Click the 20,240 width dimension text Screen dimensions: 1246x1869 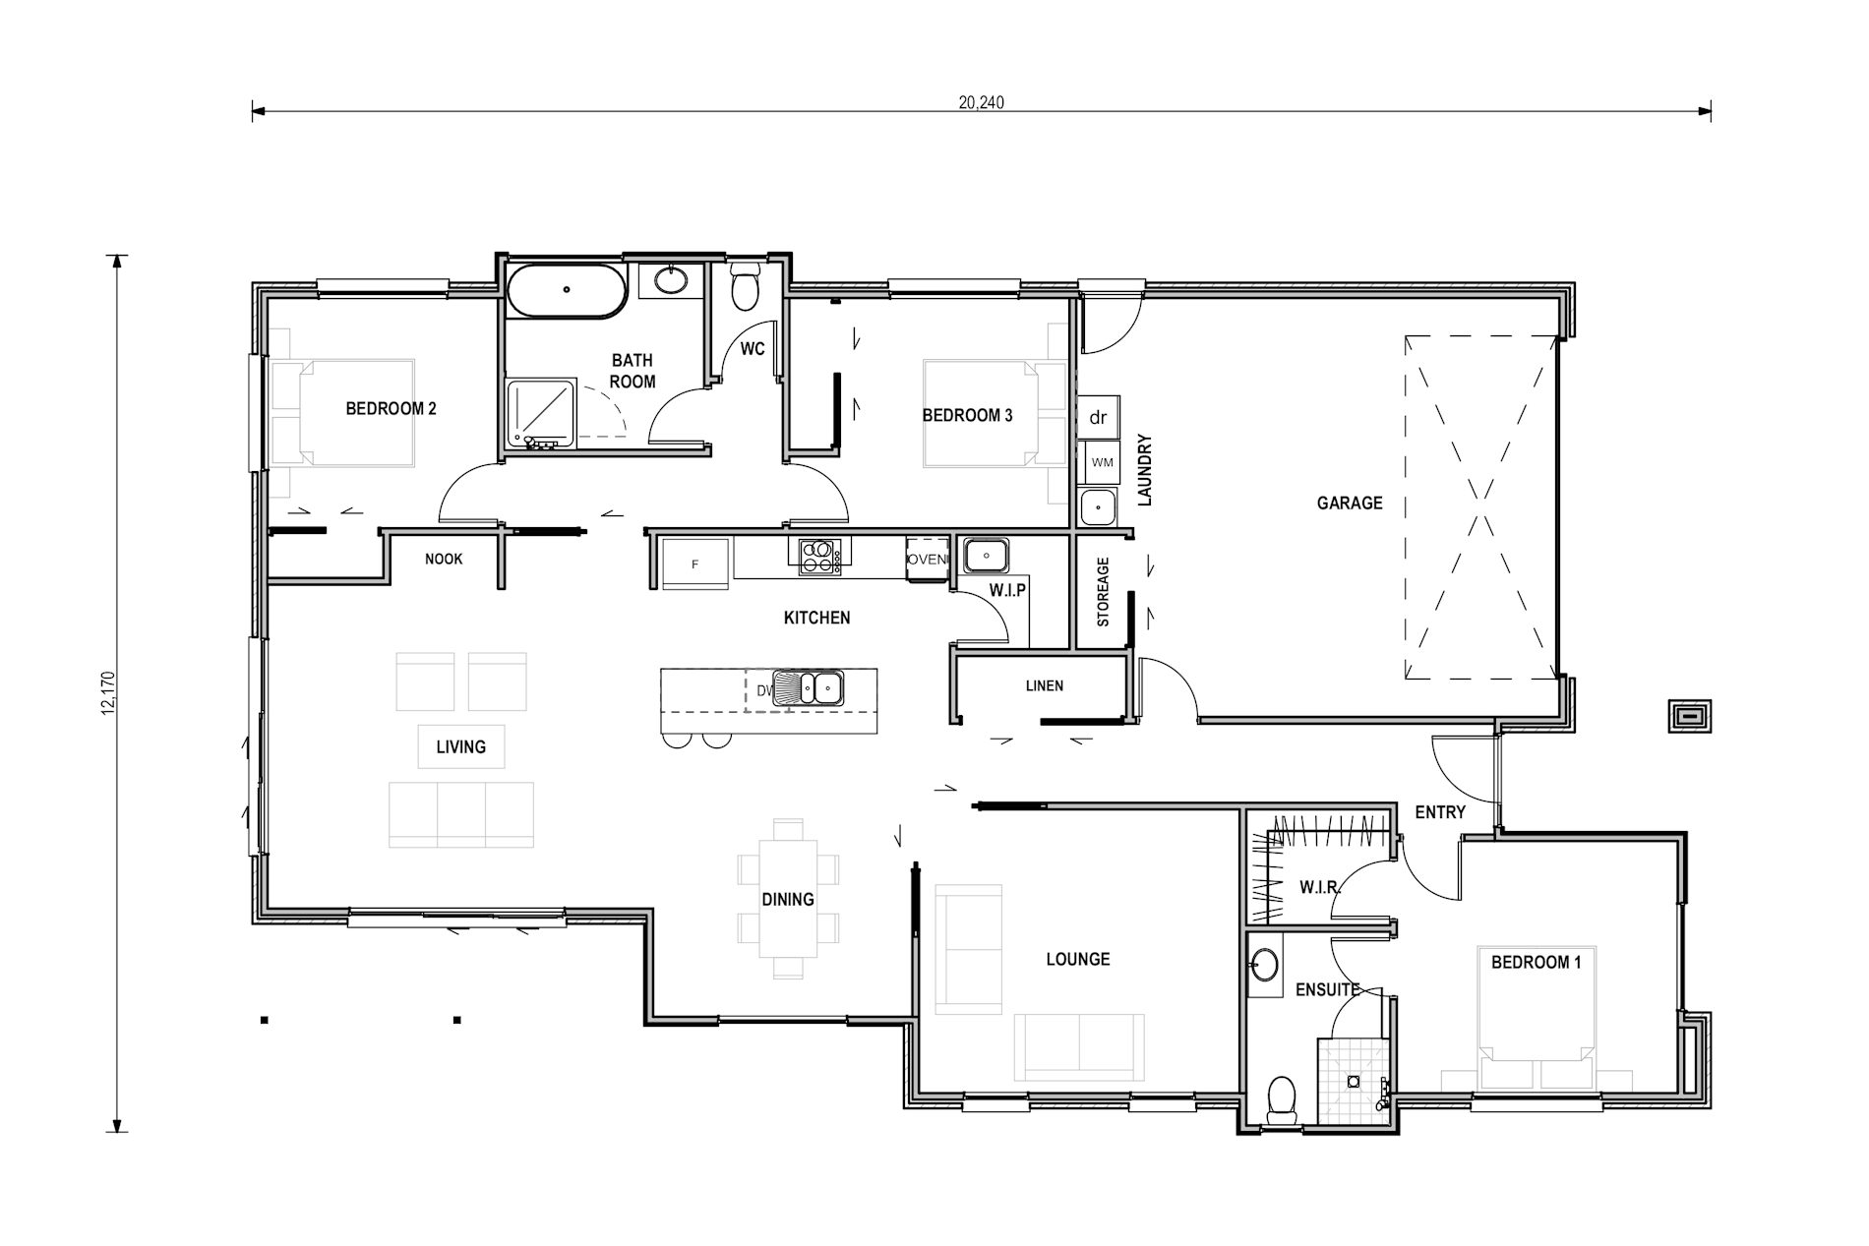click(x=981, y=102)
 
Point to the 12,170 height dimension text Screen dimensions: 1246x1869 click(x=109, y=693)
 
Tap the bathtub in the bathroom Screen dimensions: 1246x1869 click(x=566, y=290)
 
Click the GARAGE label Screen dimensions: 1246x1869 click(x=1349, y=504)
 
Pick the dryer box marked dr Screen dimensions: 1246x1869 click(x=1098, y=417)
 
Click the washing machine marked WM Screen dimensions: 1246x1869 click(x=1101, y=461)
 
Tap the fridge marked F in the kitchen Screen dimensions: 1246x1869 click(x=694, y=564)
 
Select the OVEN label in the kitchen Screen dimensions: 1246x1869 click(x=927, y=560)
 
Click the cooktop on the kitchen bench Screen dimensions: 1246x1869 click(x=817, y=556)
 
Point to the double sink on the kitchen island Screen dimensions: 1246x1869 click(x=808, y=687)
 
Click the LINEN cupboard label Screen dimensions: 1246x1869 click(x=1044, y=686)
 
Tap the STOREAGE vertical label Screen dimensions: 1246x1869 click(x=1103, y=592)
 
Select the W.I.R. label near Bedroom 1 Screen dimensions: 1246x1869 click(x=1320, y=888)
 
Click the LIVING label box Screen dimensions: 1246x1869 click(x=460, y=747)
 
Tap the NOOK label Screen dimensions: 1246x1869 click(x=444, y=560)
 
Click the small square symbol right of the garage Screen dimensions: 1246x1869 click(x=1690, y=716)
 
